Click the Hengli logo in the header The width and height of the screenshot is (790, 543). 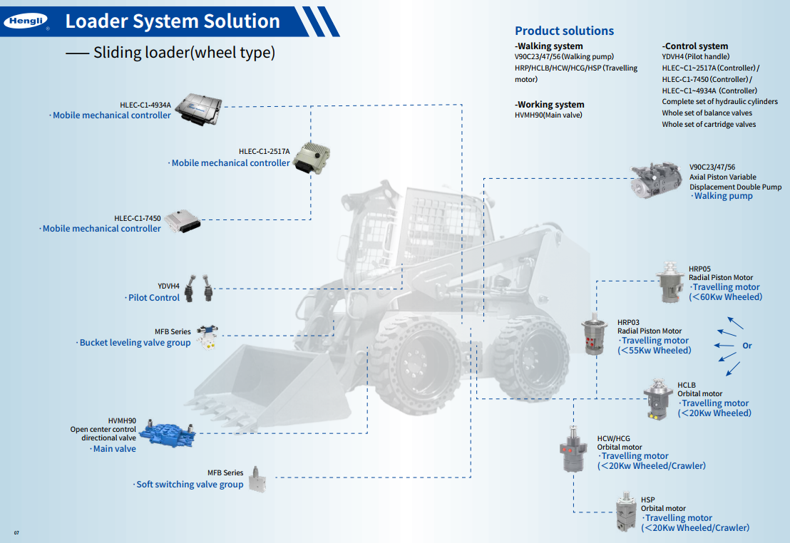click(26, 22)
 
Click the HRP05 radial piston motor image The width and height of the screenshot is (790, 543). click(670, 283)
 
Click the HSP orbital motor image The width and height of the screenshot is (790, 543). click(626, 512)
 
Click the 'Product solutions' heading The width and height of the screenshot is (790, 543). click(564, 31)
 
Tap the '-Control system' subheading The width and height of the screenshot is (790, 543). click(695, 46)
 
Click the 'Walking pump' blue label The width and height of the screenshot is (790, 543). click(723, 196)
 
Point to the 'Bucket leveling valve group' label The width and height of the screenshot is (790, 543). click(135, 343)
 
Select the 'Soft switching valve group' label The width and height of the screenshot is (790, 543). click(190, 485)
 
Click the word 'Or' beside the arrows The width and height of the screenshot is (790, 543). click(747, 346)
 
